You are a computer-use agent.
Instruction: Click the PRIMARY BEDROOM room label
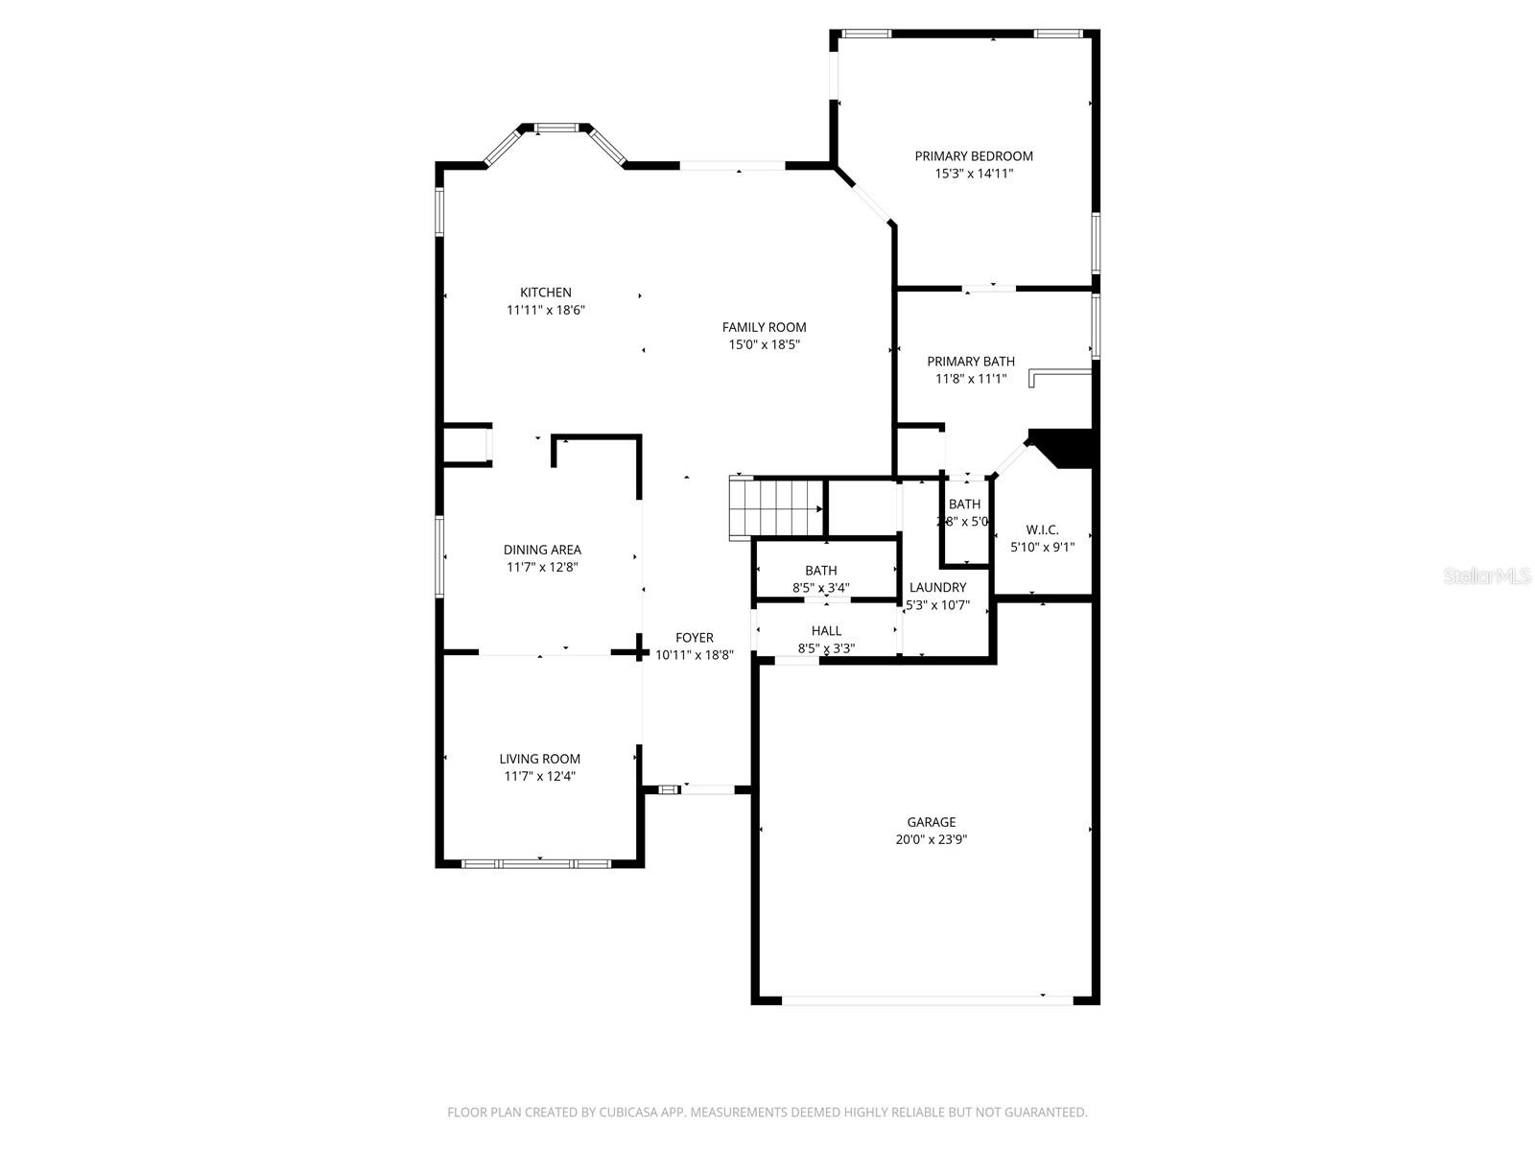[x=974, y=156]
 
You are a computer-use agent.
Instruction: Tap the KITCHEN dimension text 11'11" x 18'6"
[x=546, y=310]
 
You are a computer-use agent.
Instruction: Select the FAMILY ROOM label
[x=764, y=327]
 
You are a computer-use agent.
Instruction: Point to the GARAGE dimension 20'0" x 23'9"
[x=932, y=839]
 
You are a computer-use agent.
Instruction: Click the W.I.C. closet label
[x=1042, y=530]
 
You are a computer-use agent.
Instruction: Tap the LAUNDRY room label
[x=937, y=588]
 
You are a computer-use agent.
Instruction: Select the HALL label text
[x=826, y=631]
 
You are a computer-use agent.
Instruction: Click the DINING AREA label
[x=542, y=550]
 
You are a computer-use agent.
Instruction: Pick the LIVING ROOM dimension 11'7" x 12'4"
[x=540, y=776]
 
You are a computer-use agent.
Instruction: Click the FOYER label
[x=694, y=638]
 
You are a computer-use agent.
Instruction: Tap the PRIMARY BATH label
[x=970, y=362]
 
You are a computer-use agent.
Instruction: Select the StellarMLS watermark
[x=1487, y=575]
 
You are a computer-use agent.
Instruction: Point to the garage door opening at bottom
[x=926, y=999]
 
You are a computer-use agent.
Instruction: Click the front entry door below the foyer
[x=708, y=789]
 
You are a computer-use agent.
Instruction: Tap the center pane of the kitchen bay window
[x=556, y=128]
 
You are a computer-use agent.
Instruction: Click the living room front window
[x=536, y=863]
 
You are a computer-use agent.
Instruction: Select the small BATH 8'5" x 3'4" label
[x=821, y=571]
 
